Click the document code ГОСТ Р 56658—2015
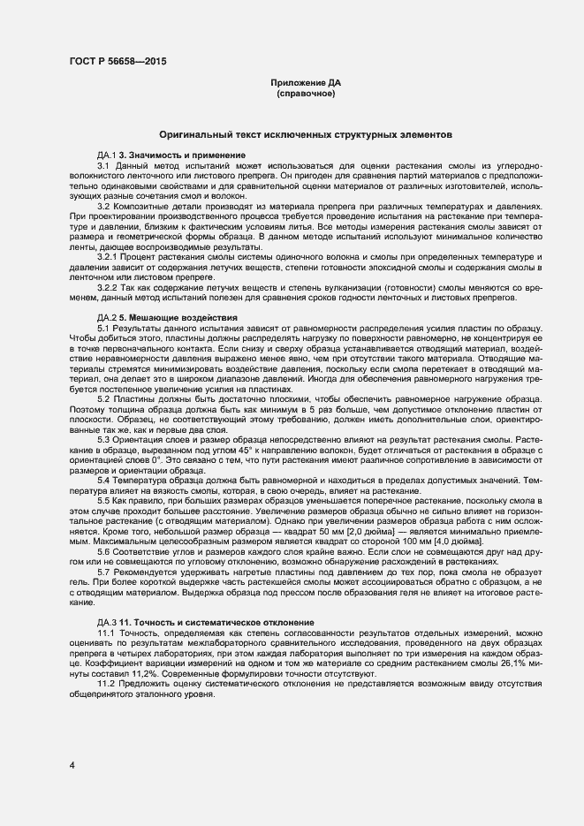coord(117,61)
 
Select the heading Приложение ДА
coord(306,82)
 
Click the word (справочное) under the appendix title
coord(306,93)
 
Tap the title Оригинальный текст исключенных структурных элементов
coord(306,135)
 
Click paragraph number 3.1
coord(103,165)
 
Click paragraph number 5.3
coord(103,439)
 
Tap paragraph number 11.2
coord(106,685)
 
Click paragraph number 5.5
coord(103,500)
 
